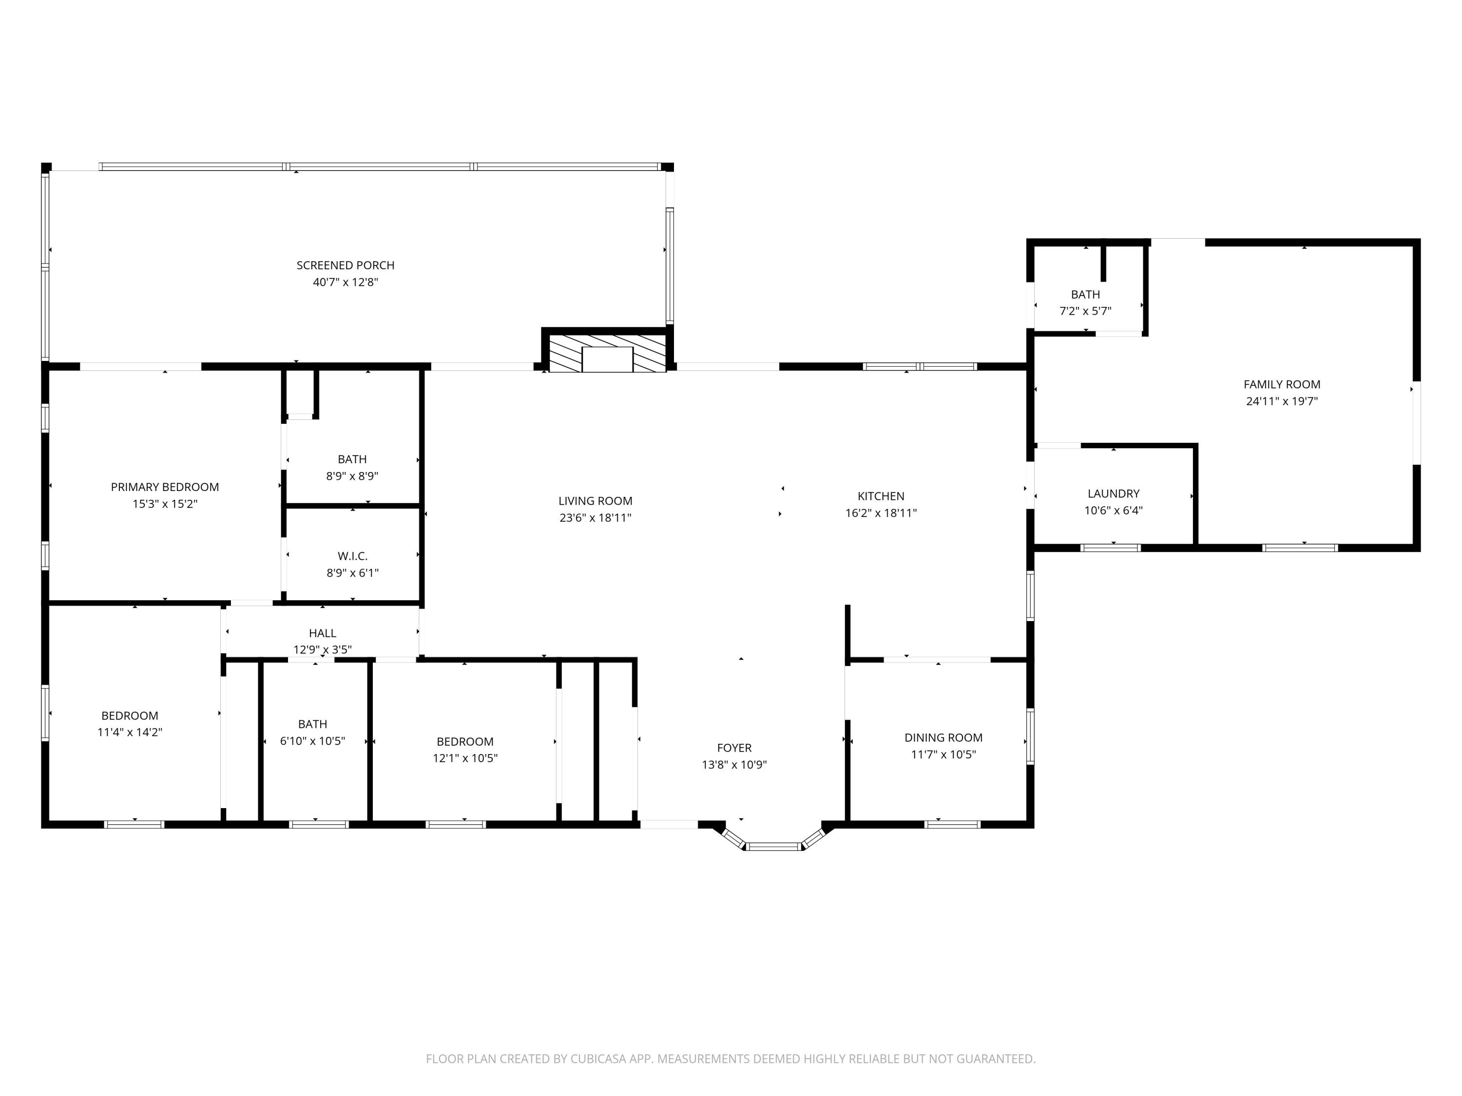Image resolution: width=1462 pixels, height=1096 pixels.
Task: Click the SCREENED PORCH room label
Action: [x=345, y=265]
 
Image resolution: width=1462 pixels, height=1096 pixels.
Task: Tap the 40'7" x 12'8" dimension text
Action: [x=345, y=282]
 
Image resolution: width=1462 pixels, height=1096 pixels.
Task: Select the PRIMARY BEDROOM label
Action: [x=165, y=487]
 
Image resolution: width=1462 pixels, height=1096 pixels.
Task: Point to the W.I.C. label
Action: [x=352, y=556]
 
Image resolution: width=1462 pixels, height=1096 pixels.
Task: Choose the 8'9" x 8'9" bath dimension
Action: [x=352, y=475]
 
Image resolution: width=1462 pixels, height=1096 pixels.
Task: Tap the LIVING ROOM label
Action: [x=595, y=501]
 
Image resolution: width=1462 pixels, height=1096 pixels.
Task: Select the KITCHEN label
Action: [x=881, y=496]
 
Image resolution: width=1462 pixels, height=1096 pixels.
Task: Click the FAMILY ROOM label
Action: [x=1282, y=384]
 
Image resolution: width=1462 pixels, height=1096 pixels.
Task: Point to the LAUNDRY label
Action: [x=1113, y=493]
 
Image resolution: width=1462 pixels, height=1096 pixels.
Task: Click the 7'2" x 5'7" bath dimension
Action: [x=1085, y=311]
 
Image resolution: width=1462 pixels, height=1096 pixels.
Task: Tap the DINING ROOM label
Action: [x=943, y=737]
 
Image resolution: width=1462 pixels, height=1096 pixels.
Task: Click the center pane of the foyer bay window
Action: [x=773, y=846]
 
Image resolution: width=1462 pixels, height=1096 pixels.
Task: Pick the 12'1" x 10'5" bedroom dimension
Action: [x=464, y=758]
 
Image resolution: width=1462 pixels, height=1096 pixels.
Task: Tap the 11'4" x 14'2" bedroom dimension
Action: [x=130, y=732]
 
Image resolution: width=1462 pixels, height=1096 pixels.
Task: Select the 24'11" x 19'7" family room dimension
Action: [x=1282, y=401]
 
